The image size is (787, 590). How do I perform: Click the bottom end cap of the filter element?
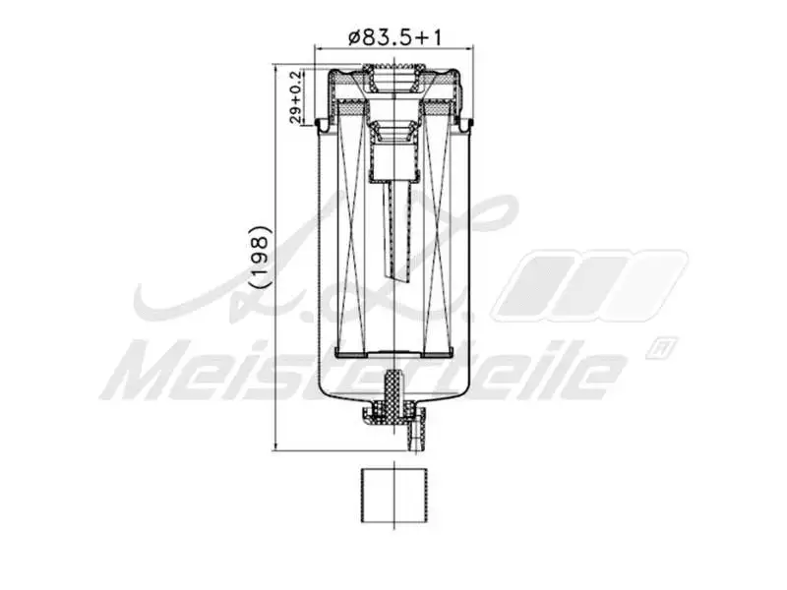pyautogui.click(x=393, y=354)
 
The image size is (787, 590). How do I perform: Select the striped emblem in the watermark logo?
pyautogui.click(x=590, y=285)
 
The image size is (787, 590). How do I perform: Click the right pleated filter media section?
pyautogui.click(x=437, y=236)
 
